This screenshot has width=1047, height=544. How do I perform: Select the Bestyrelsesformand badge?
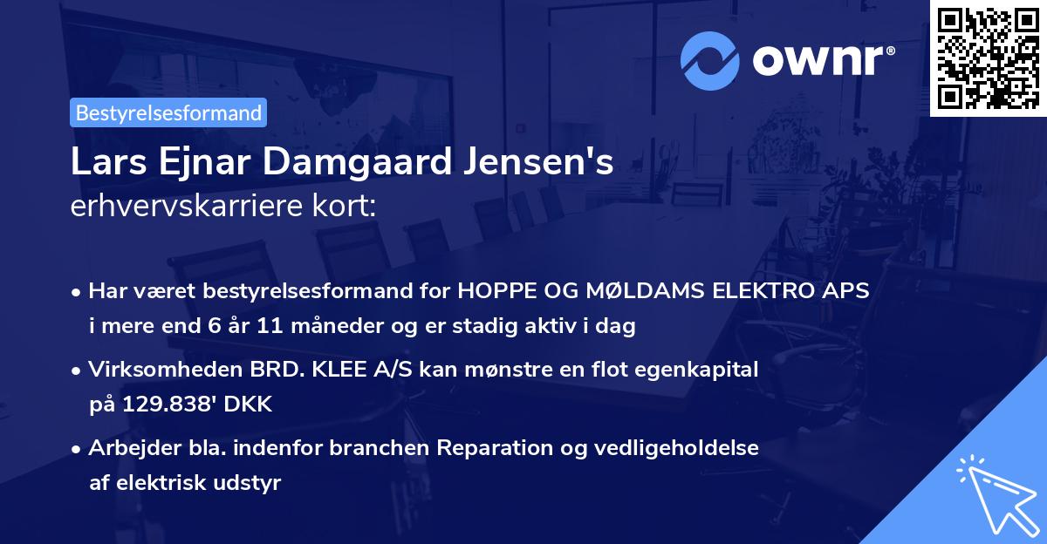(168, 112)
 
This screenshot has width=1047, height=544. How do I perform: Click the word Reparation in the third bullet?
(493, 448)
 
